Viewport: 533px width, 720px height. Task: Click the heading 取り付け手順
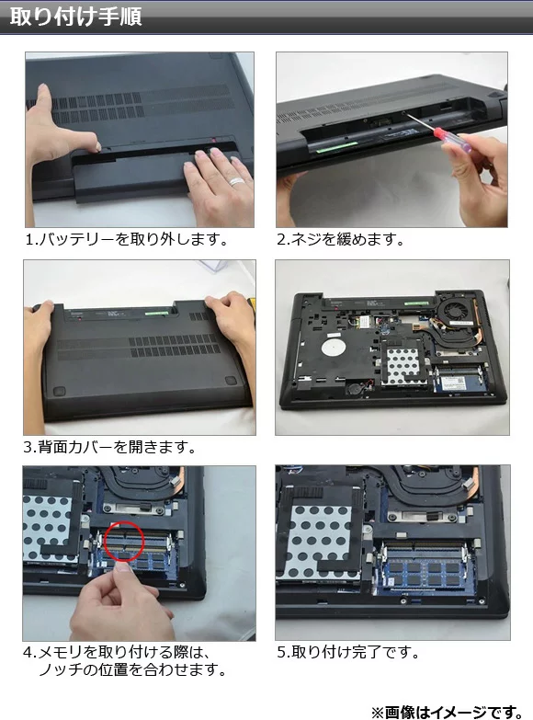75,17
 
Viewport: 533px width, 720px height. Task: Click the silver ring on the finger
237,181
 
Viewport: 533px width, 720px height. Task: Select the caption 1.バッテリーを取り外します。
127,239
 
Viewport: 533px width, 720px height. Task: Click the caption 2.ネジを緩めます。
340,239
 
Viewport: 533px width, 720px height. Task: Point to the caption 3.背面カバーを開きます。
109,447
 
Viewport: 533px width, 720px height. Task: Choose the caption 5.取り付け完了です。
348,652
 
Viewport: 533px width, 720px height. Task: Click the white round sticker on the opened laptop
334,348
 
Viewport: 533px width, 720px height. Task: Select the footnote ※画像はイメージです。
448,712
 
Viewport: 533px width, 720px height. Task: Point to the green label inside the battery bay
338,147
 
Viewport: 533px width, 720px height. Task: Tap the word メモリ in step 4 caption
61,652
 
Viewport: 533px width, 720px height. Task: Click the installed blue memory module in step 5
425,572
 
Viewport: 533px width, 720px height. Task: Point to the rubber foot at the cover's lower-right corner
230,380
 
